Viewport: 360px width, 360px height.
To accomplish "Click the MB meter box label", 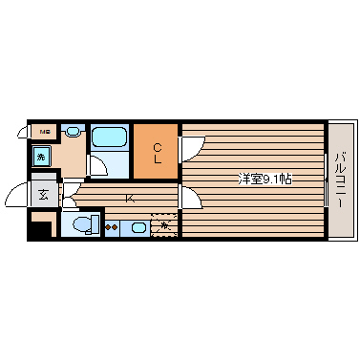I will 43,131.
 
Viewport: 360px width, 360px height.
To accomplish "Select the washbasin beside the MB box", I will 73,131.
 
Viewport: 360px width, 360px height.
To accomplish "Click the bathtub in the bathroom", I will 110,137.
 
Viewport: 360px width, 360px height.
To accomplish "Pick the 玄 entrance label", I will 43,195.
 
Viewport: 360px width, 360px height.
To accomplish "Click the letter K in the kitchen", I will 129,199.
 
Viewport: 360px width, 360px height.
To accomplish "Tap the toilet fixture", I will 84,225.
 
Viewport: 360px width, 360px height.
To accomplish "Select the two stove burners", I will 113,227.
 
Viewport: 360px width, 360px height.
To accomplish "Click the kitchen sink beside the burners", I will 137,227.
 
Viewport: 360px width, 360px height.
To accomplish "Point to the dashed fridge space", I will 165,225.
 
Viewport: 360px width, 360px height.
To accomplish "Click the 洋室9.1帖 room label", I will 265,178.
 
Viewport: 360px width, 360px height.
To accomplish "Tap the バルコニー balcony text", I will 339,180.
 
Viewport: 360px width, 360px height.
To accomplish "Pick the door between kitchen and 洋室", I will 190,198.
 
